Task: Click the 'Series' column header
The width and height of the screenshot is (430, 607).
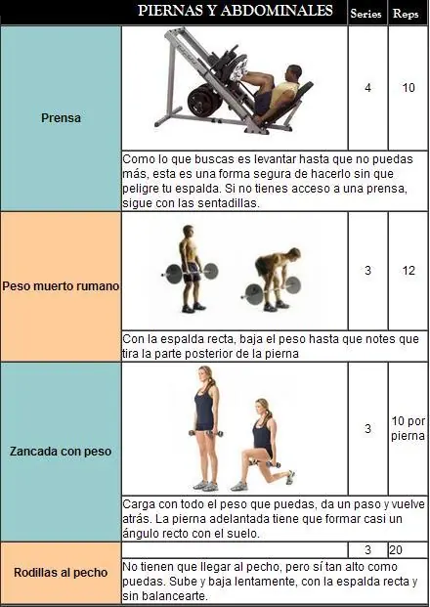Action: [365, 14]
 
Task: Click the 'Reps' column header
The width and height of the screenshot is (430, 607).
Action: [406, 14]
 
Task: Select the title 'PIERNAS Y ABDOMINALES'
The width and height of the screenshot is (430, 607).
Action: [236, 11]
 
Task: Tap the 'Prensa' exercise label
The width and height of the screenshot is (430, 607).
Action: [61, 117]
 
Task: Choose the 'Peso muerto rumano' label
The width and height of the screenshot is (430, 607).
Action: [61, 286]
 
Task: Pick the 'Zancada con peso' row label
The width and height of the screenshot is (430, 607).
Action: [61, 451]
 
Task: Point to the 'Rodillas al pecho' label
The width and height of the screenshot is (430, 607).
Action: [61, 573]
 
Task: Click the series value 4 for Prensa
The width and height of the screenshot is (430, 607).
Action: [367, 88]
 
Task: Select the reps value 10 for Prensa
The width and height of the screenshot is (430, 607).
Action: [408, 88]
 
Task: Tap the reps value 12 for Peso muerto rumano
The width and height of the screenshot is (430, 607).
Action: [408, 270]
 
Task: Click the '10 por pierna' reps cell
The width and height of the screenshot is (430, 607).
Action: [408, 428]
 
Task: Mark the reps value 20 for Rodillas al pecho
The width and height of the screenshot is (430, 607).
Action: [396, 549]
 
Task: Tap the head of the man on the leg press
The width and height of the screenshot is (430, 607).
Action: [294, 72]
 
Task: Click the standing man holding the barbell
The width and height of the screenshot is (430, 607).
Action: [191, 269]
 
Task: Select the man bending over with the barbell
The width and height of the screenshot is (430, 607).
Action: [273, 280]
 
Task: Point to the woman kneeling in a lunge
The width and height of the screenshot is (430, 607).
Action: [261, 445]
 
